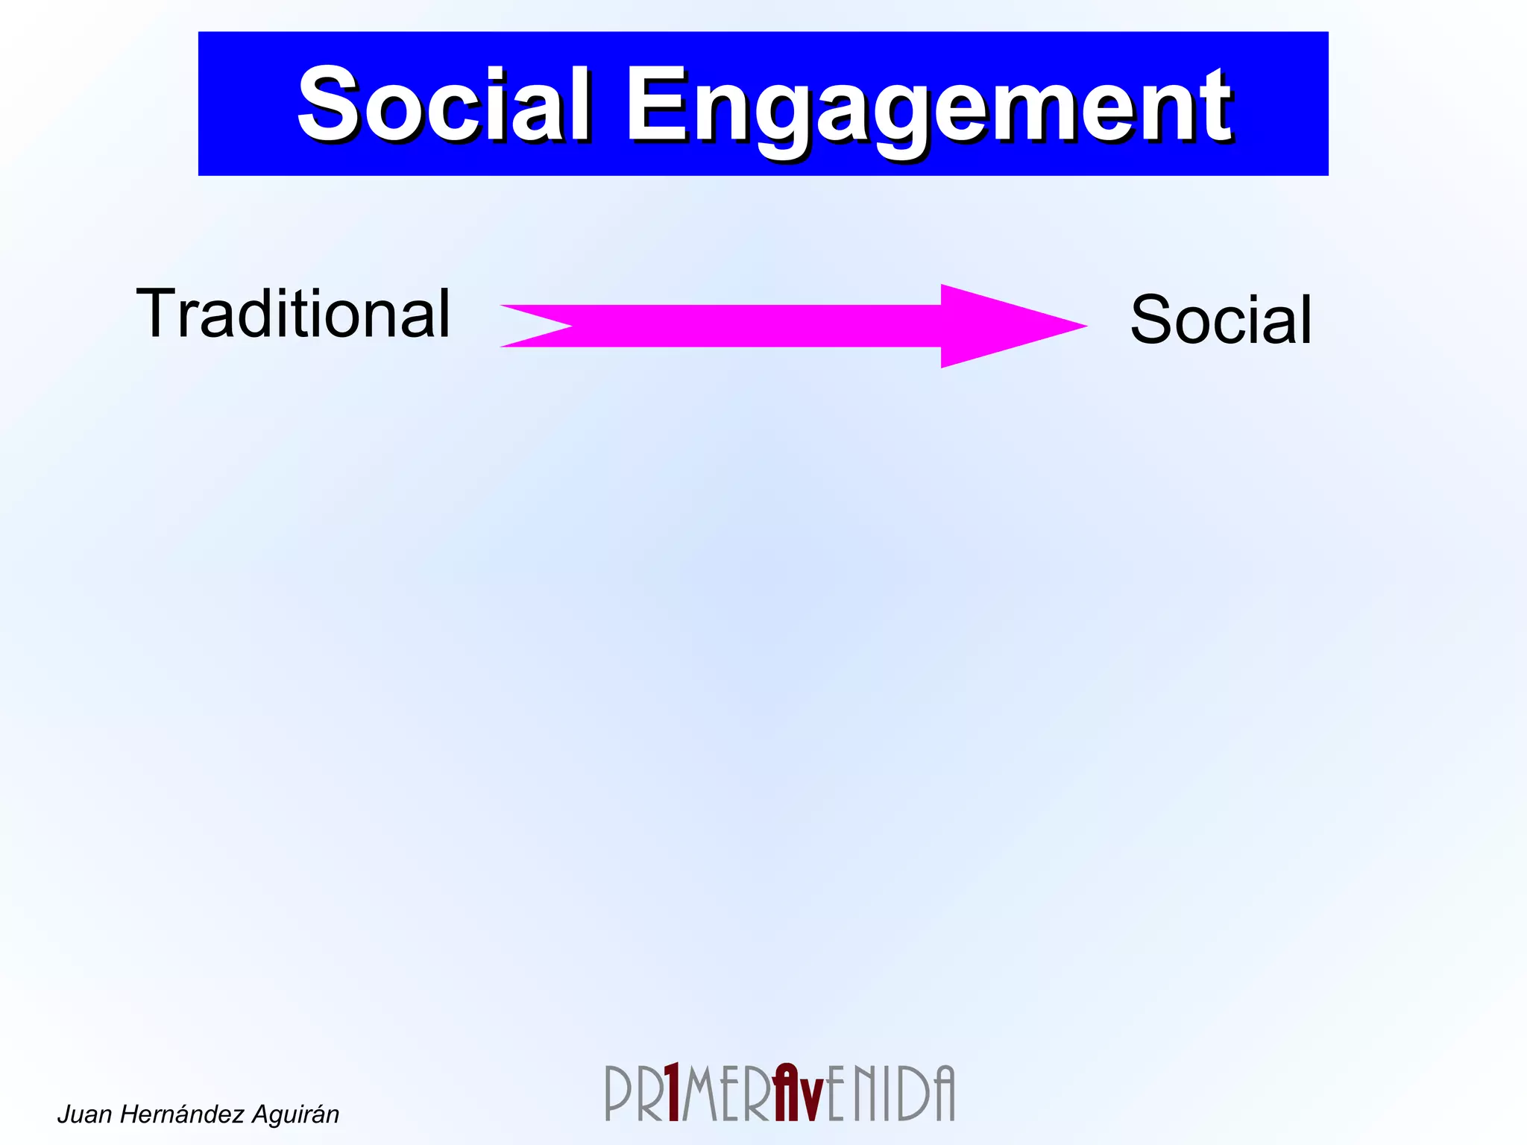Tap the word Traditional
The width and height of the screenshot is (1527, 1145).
pyautogui.click(x=293, y=314)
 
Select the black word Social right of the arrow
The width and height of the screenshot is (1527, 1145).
pyautogui.click(x=1221, y=320)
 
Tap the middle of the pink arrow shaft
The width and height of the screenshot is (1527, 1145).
pyautogui.click(x=753, y=326)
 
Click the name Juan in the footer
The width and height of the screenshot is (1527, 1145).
pyautogui.click(x=84, y=1114)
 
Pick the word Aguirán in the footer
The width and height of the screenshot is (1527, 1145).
pyautogui.click(x=295, y=1114)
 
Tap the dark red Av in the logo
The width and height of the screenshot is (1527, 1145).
pyautogui.click(x=798, y=1093)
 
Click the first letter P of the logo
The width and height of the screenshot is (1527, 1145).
pyautogui.click(x=618, y=1094)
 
